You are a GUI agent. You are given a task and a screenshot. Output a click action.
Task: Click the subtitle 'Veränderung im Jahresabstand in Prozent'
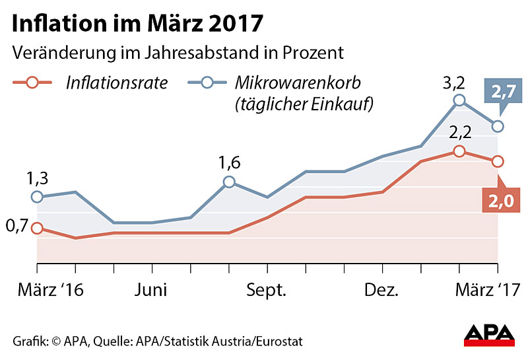click(x=178, y=53)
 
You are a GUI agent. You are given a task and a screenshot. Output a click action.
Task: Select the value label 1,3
click(x=38, y=178)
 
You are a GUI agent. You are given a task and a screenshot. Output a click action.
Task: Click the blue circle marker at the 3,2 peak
click(x=459, y=100)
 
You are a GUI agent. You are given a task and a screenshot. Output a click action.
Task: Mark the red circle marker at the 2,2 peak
click(x=459, y=151)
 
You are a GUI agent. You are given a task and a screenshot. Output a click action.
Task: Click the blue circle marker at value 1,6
click(x=228, y=182)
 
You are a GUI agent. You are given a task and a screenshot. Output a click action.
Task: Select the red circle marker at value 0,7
click(x=37, y=228)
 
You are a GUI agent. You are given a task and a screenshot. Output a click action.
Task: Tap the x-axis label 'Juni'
click(x=152, y=290)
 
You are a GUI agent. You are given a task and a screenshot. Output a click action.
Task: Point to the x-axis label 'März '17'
click(x=490, y=290)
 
